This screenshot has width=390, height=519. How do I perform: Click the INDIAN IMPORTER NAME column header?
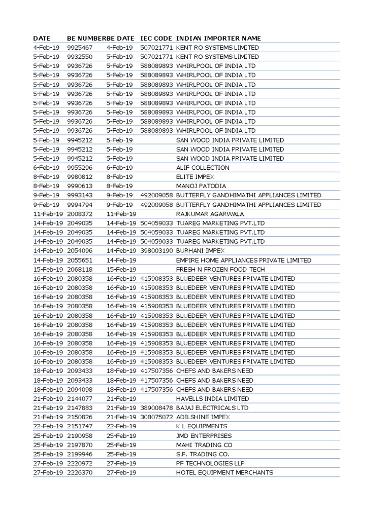(218, 39)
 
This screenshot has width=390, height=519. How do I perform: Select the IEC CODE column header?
(156, 39)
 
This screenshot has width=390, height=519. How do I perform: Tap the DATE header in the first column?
(42, 39)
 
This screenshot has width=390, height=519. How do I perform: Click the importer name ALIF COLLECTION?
(203, 168)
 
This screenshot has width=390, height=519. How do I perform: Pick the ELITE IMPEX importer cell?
(196, 177)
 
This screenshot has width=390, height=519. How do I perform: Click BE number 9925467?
(80, 48)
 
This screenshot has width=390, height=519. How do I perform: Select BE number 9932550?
(80, 57)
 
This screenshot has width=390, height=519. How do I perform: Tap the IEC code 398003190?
(156, 251)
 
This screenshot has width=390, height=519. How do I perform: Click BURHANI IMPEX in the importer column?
(200, 251)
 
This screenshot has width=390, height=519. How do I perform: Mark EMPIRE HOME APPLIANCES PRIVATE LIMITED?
(244, 260)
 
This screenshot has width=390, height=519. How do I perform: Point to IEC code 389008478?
(156, 408)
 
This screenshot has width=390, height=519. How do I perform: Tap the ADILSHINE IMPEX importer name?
(203, 417)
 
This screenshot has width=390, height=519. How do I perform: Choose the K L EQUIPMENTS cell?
(202, 426)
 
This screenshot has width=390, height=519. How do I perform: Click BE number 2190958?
(80, 436)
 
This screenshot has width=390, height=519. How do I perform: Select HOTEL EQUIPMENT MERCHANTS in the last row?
(224, 472)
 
